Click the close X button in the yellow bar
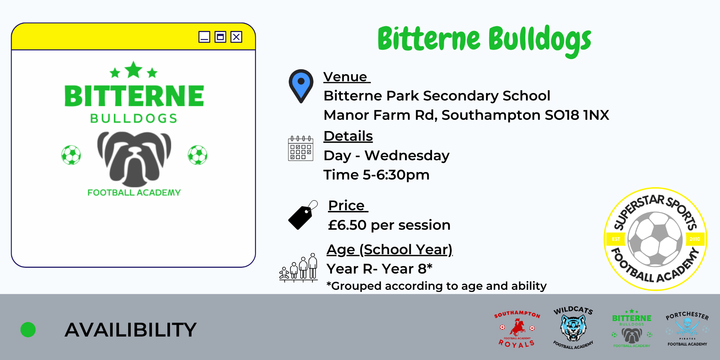236,37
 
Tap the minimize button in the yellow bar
204,37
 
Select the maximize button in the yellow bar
220,37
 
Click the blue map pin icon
301,86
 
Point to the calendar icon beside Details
301,148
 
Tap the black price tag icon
303,215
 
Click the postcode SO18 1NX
577,115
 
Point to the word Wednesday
407,156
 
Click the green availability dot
28,330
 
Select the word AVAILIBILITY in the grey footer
131,330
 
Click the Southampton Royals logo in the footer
517,329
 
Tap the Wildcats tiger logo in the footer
573,328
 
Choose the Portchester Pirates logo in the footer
687,329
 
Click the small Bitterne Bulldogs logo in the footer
632,328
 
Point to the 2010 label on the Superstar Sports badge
694,239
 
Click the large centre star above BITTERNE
134,69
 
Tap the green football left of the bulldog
71,155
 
